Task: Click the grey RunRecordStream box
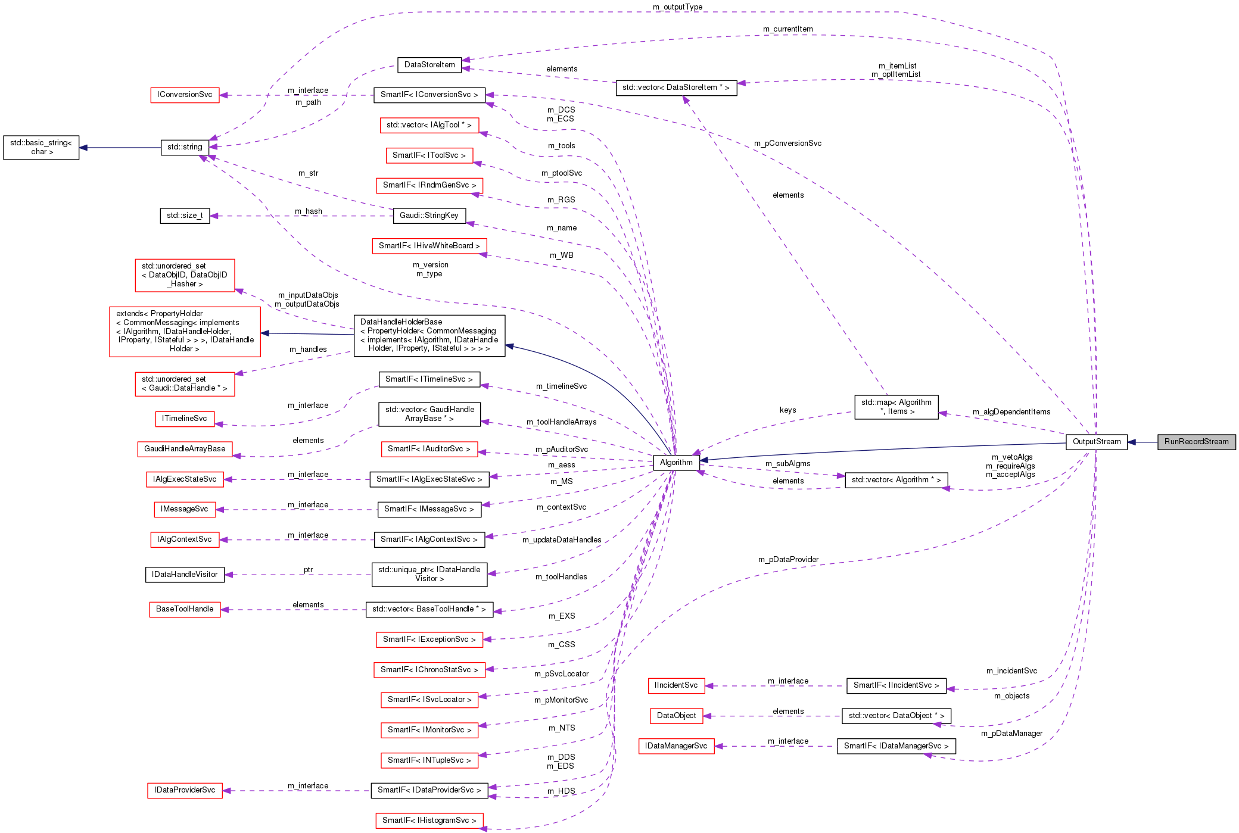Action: click(x=1196, y=442)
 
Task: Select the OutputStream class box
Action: click(x=1096, y=442)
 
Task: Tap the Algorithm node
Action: click(x=676, y=463)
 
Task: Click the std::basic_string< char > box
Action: click(x=41, y=148)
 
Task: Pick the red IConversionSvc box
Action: click(x=185, y=95)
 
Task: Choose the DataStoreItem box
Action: click(x=429, y=65)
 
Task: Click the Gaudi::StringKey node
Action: click(x=429, y=216)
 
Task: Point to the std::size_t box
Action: click(x=185, y=216)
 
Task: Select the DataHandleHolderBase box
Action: click(x=429, y=336)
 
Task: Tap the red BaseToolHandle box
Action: click(x=185, y=609)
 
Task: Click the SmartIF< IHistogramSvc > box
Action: click(x=429, y=820)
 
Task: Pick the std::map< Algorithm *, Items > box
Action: click(x=896, y=407)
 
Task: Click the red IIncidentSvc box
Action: click(x=676, y=685)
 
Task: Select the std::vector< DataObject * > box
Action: click(x=896, y=716)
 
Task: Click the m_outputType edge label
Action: click(x=677, y=7)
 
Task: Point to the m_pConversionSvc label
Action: click(x=787, y=143)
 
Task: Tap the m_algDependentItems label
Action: click(x=1011, y=412)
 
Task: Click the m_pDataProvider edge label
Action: click(x=788, y=560)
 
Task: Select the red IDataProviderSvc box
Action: click(x=185, y=790)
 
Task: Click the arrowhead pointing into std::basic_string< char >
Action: click(x=84, y=148)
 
